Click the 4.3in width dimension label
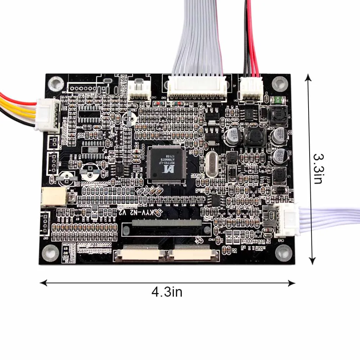tap(167, 292)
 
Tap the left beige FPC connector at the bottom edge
tap(139, 254)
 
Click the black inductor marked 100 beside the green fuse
tap(278, 114)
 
